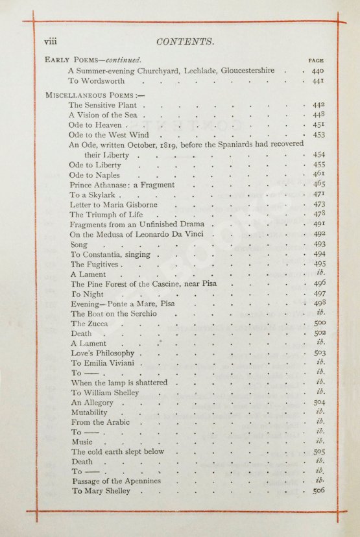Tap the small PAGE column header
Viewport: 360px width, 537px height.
(316, 60)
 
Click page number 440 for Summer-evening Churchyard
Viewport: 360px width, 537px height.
(317, 70)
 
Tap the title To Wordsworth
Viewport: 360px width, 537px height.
(99, 81)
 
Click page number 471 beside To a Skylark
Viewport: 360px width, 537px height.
(318, 195)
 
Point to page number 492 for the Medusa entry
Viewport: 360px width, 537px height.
(318, 235)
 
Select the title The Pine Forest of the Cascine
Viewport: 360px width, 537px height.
(143, 284)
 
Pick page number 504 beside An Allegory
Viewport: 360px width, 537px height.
(318, 402)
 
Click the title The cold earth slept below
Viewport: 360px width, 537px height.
(117, 451)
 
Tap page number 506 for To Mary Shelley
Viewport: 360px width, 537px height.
(318, 491)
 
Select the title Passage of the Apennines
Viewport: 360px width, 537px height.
(115, 481)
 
